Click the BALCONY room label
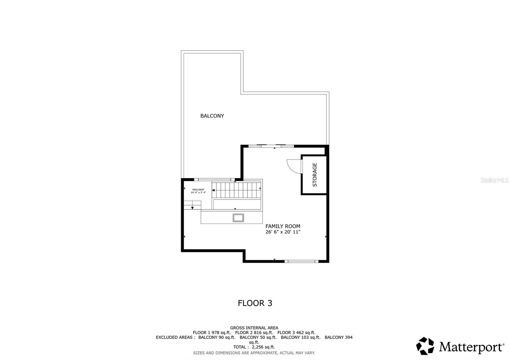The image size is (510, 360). (212, 116)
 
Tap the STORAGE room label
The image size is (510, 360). (315, 175)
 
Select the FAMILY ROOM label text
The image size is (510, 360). (283, 226)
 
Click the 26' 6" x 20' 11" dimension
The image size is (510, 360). (283, 232)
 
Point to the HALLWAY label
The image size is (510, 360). (198, 190)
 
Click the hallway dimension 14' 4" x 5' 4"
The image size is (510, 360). (198, 192)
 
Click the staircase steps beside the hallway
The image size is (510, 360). (237, 190)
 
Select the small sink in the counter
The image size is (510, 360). (238, 218)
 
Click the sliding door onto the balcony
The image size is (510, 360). (271, 146)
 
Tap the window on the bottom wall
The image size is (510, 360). (301, 261)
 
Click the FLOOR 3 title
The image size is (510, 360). (255, 303)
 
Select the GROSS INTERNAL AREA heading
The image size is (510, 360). (254, 328)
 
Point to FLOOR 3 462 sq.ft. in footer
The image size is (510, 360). (296, 332)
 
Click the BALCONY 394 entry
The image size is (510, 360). (339, 337)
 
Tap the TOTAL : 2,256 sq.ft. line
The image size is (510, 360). (254, 347)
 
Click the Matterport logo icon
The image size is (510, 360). (425, 346)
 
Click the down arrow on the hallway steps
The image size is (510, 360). (193, 208)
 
